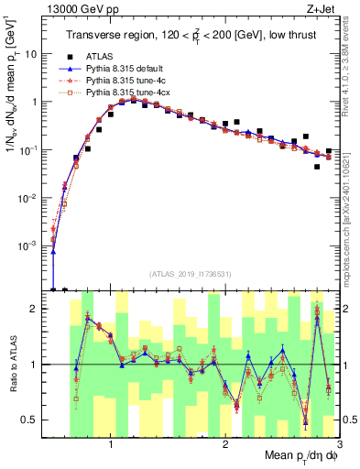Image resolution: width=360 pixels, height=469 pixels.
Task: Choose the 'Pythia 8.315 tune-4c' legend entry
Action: coord(122,81)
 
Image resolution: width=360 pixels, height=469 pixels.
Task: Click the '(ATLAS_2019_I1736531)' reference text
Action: coord(189,275)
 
